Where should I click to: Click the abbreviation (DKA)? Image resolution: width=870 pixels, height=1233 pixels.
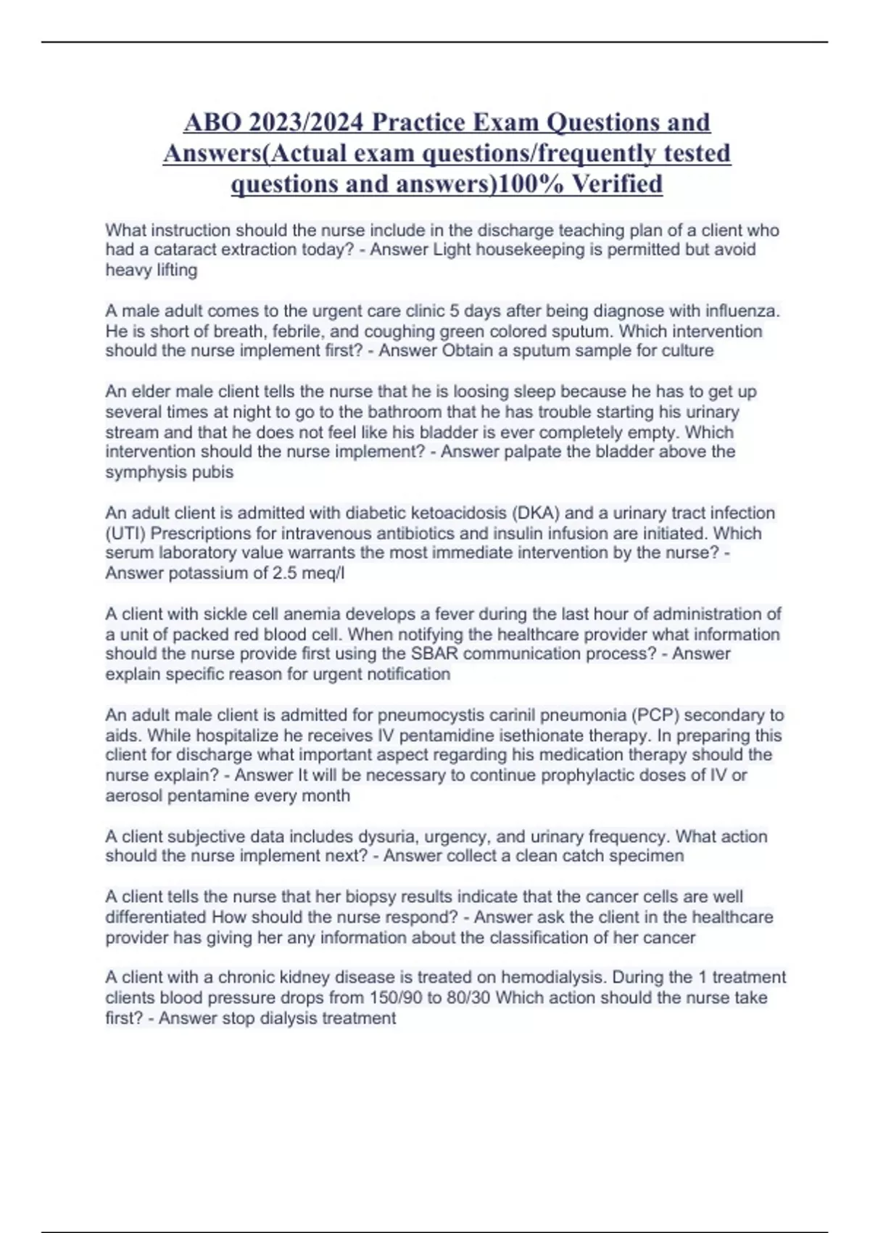click(x=535, y=513)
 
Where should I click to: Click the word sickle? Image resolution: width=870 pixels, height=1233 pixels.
click(x=223, y=614)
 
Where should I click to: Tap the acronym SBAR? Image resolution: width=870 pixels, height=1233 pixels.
click(x=434, y=654)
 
